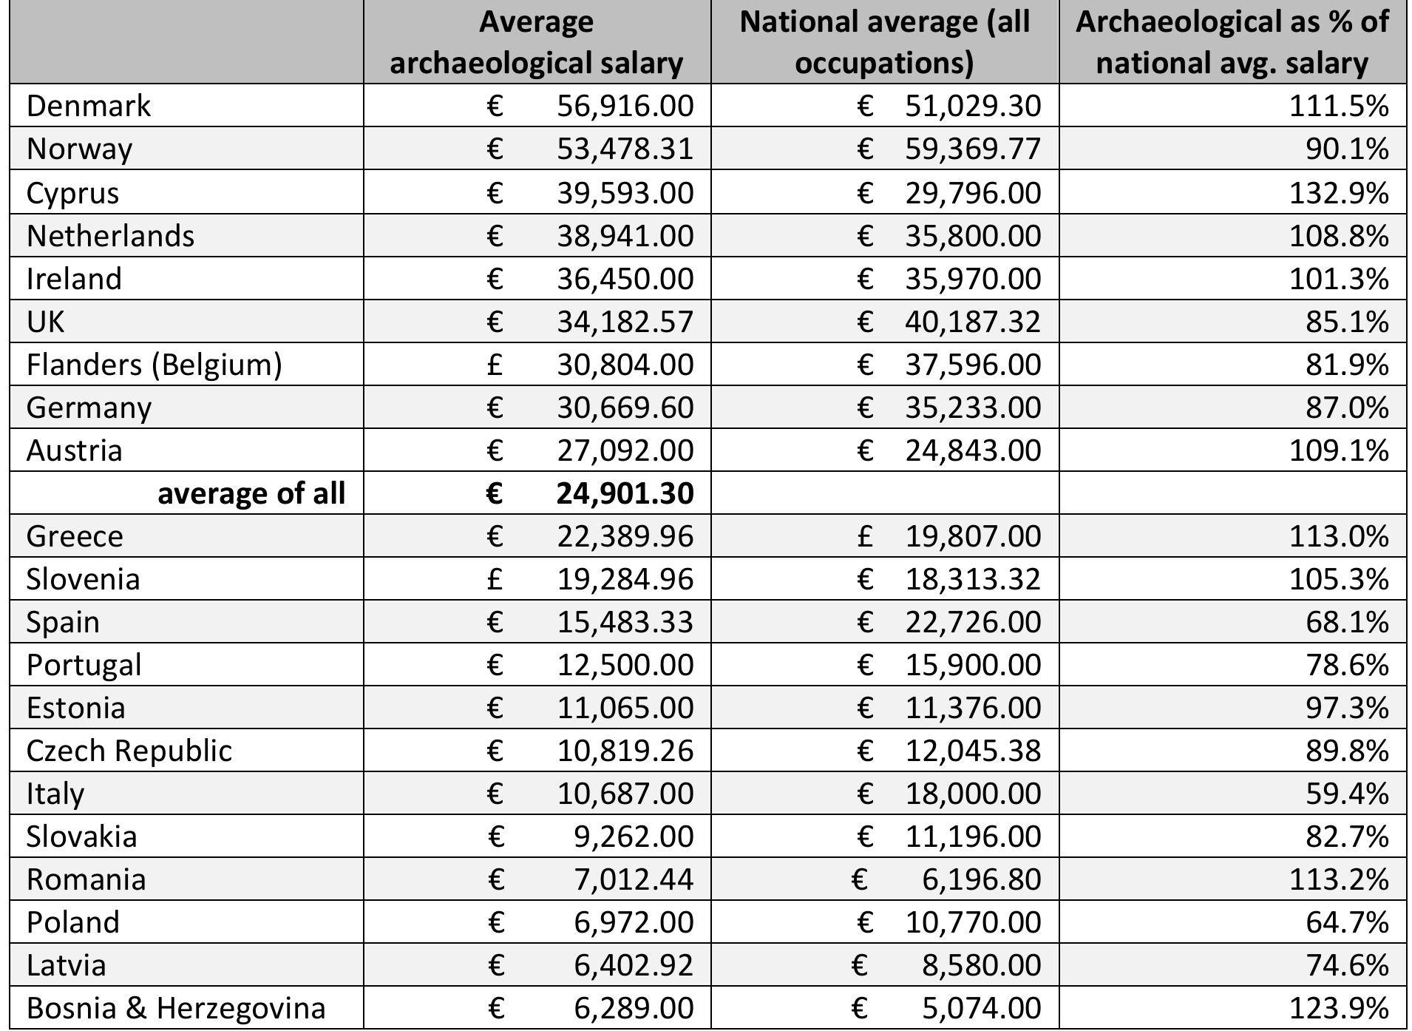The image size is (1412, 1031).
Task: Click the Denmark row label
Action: coord(89,106)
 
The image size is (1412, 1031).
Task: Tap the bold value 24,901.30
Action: coord(625,493)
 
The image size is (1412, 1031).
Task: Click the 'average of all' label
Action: coord(251,493)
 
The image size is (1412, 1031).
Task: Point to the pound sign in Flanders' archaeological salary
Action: coord(495,365)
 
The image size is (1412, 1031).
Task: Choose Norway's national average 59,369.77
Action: coord(973,149)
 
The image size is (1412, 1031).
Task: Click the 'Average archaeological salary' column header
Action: coord(536,42)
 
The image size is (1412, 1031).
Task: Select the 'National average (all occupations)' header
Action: coord(884,42)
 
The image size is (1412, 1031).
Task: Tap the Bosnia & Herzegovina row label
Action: coord(176,1008)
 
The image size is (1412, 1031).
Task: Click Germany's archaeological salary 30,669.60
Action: coord(625,408)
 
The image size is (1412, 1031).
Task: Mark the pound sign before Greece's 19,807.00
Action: coord(865,536)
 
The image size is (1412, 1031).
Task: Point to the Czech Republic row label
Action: coord(129,751)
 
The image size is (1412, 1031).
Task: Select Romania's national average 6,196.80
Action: coord(981,879)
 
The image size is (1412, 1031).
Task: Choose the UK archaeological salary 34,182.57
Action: coord(625,322)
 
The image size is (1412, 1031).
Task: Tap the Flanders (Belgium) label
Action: coord(154,365)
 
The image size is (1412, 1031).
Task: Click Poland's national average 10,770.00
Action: coord(973,922)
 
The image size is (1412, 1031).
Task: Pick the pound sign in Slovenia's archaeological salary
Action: coord(495,579)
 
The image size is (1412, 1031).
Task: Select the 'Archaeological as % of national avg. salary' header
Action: coord(1232,42)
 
